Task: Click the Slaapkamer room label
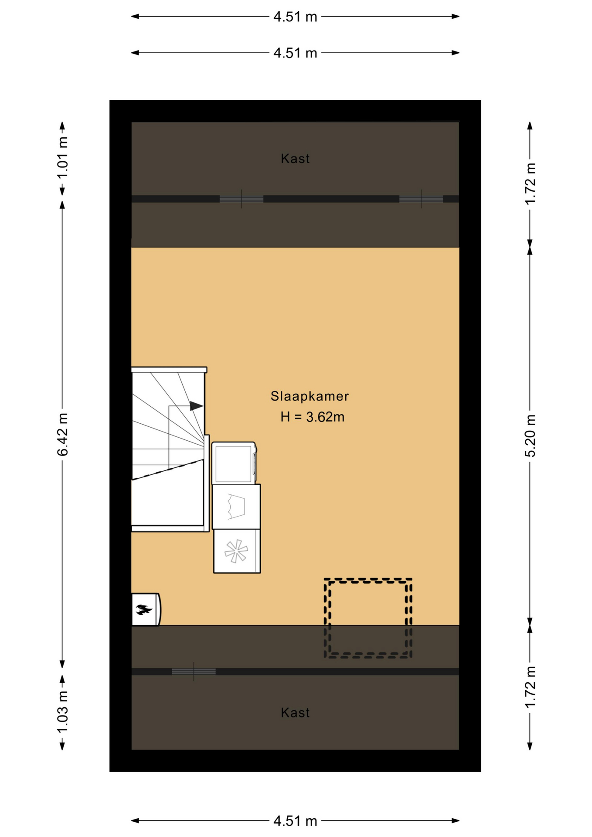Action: pos(310,396)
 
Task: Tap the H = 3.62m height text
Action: pos(312,417)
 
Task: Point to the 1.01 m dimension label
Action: pos(63,157)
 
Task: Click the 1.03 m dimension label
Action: pos(63,712)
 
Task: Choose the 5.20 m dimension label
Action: pos(530,436)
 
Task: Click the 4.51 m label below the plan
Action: pos(295,821)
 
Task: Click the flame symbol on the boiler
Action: pos(144,609)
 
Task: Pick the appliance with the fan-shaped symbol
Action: pos(237,551)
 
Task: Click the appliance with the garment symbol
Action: pos(236,507)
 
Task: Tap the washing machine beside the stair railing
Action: pos(234,463)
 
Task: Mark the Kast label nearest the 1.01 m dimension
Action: pos(295,159)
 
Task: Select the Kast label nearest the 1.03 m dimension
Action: pos(295,713)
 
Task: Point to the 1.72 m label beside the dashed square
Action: pos(530,687)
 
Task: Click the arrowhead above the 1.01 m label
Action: pos(62,126)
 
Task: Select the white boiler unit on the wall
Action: pos(146,609)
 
